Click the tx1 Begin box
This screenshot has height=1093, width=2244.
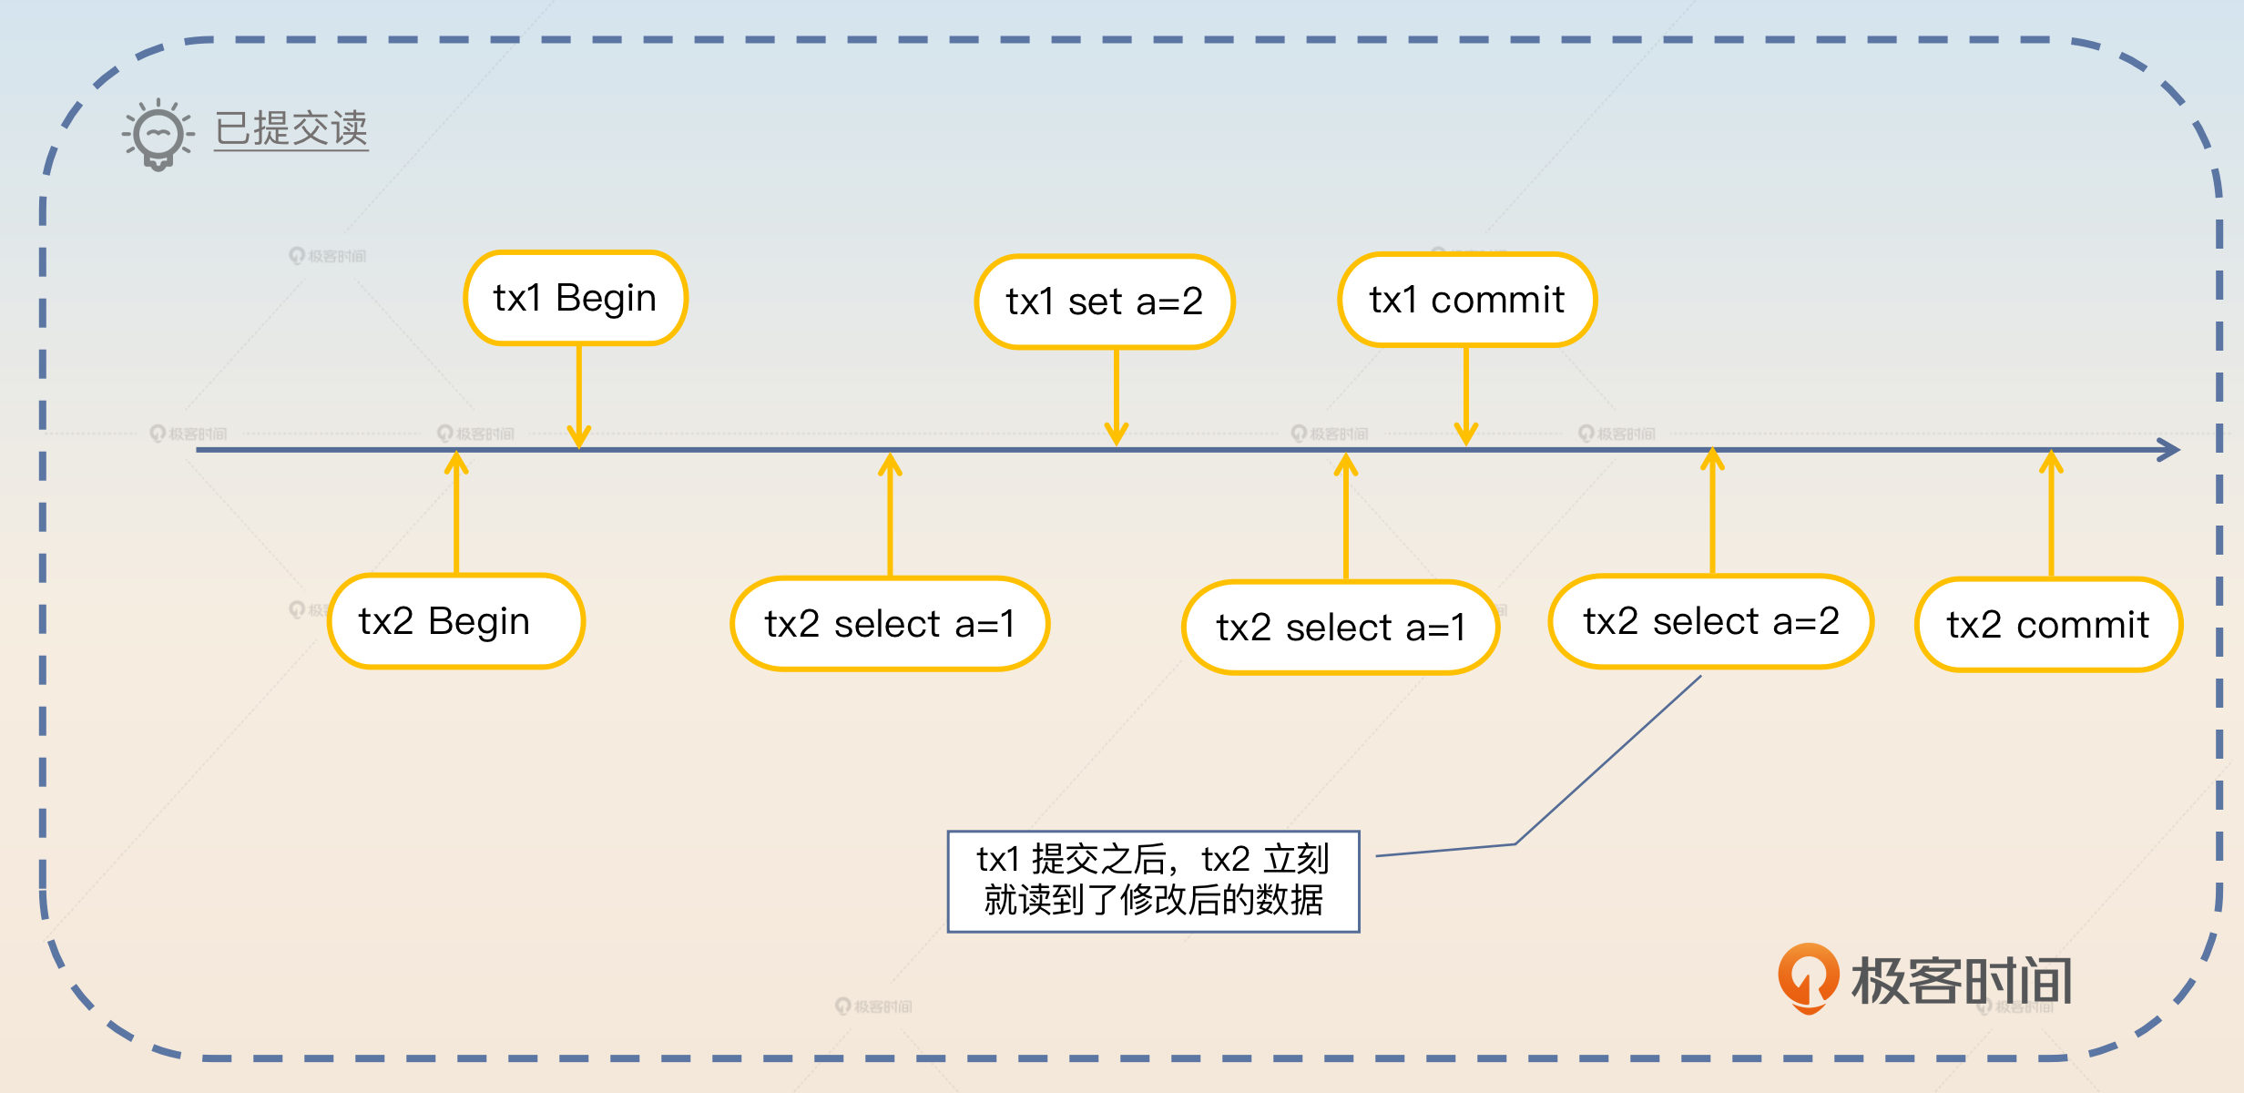click(576, 298)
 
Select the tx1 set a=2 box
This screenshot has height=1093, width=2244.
click(1104, 301)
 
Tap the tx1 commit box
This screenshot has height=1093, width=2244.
click(1466, 300)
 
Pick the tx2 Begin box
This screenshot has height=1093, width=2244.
click(455, 621)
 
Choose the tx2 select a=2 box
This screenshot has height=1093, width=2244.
click(1710, 621)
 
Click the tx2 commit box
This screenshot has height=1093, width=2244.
click(2048, 625)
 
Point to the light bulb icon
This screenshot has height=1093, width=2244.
click(158, 135)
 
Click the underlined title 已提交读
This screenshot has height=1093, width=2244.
click(291, 128)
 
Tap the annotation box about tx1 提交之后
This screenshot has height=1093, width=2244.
click(1153, 881)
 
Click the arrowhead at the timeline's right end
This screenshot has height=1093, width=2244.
click(2169, 449)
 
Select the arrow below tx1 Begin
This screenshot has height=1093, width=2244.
click(579, 396)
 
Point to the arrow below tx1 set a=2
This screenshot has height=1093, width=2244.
click(1117, 396)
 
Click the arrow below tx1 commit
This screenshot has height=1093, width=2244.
click(1466, 396)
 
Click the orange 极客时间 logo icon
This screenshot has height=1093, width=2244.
click(1808, 977)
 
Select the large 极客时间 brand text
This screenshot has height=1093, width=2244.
click(1962, 981)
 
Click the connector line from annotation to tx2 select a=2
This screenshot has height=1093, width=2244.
click(1607, 761)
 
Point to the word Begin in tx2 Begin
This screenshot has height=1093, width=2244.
click(479, 622)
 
